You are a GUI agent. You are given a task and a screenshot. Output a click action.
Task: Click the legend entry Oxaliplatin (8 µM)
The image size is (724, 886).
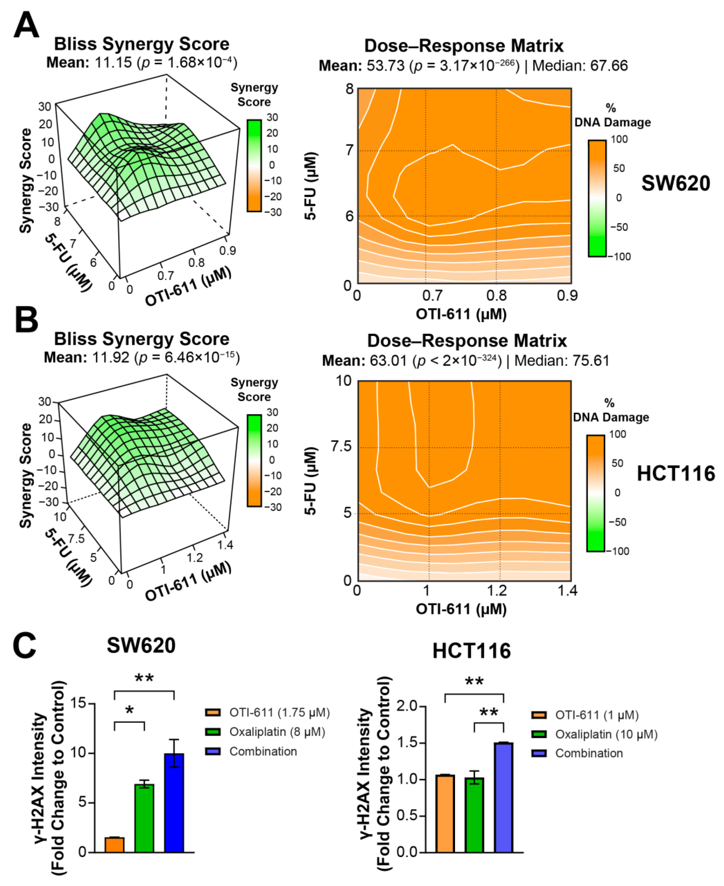point(277,732)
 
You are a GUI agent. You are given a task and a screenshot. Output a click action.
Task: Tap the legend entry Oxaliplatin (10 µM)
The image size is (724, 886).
point(606,734)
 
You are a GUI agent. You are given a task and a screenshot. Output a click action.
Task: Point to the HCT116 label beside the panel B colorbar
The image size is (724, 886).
point(676,474)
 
